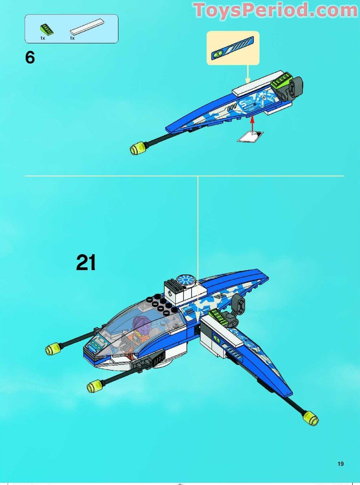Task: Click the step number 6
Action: coord(30,58)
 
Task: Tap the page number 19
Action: coord(340,463)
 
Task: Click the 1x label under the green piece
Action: coord(42,38)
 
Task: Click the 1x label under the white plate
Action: coord(72,38)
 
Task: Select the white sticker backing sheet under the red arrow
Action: coord(250,137)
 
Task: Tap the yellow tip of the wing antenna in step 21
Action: coord(311,420)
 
